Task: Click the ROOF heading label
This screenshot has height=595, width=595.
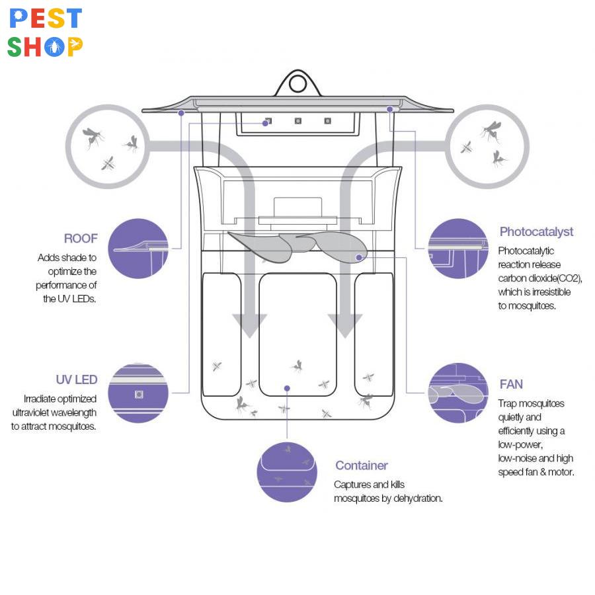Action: pyautogui.click(x=81, y=239)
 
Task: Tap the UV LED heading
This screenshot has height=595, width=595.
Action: pyautogui.click(x=77, y=379)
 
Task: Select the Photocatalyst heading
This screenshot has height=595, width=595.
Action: pyautogui.click(x=536, y=231)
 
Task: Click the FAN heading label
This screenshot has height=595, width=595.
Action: pyautogui.click(x=511, y=384)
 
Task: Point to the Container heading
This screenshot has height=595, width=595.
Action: pyautogui.click(x=361, y=465)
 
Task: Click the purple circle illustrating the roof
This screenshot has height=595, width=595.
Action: pyautogui.click(x=138, y=249)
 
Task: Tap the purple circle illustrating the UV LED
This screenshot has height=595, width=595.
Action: pyautogui.click(x=138, y=393)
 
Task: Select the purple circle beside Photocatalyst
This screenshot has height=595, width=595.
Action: pyautogui.click(x=457, y=249)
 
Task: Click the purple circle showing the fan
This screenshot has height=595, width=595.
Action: pyautogui.click(x=457, y=393)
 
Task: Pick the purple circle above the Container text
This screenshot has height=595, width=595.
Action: pyautogui.click(x=287, y=471)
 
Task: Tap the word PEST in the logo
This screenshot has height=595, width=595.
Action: pyautogui.click(x=46, y=19)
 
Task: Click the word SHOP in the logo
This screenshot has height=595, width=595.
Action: pyautogui.click(x=46, y=46)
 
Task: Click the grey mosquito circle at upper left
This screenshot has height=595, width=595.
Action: pyautogui.click(x=106, y=146)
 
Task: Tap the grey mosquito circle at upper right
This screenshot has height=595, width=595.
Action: pyautogui.click(x=487, y=146)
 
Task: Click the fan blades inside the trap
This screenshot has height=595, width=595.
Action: pyautogui.click(x=297, y=245)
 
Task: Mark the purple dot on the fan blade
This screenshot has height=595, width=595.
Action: pyautogui.click(x=359, y=257)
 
